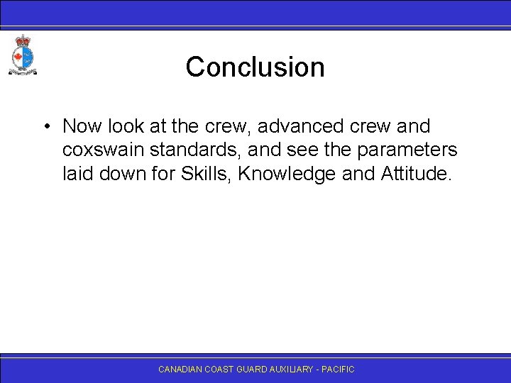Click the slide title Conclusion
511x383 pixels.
click(x=255, y=67)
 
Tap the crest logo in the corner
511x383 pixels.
click(x=22, y=55)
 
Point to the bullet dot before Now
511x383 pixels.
click(x=45, y=127)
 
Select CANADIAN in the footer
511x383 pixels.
click(x=180, y=370)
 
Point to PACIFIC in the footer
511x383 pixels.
click(x=339, y=370)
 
